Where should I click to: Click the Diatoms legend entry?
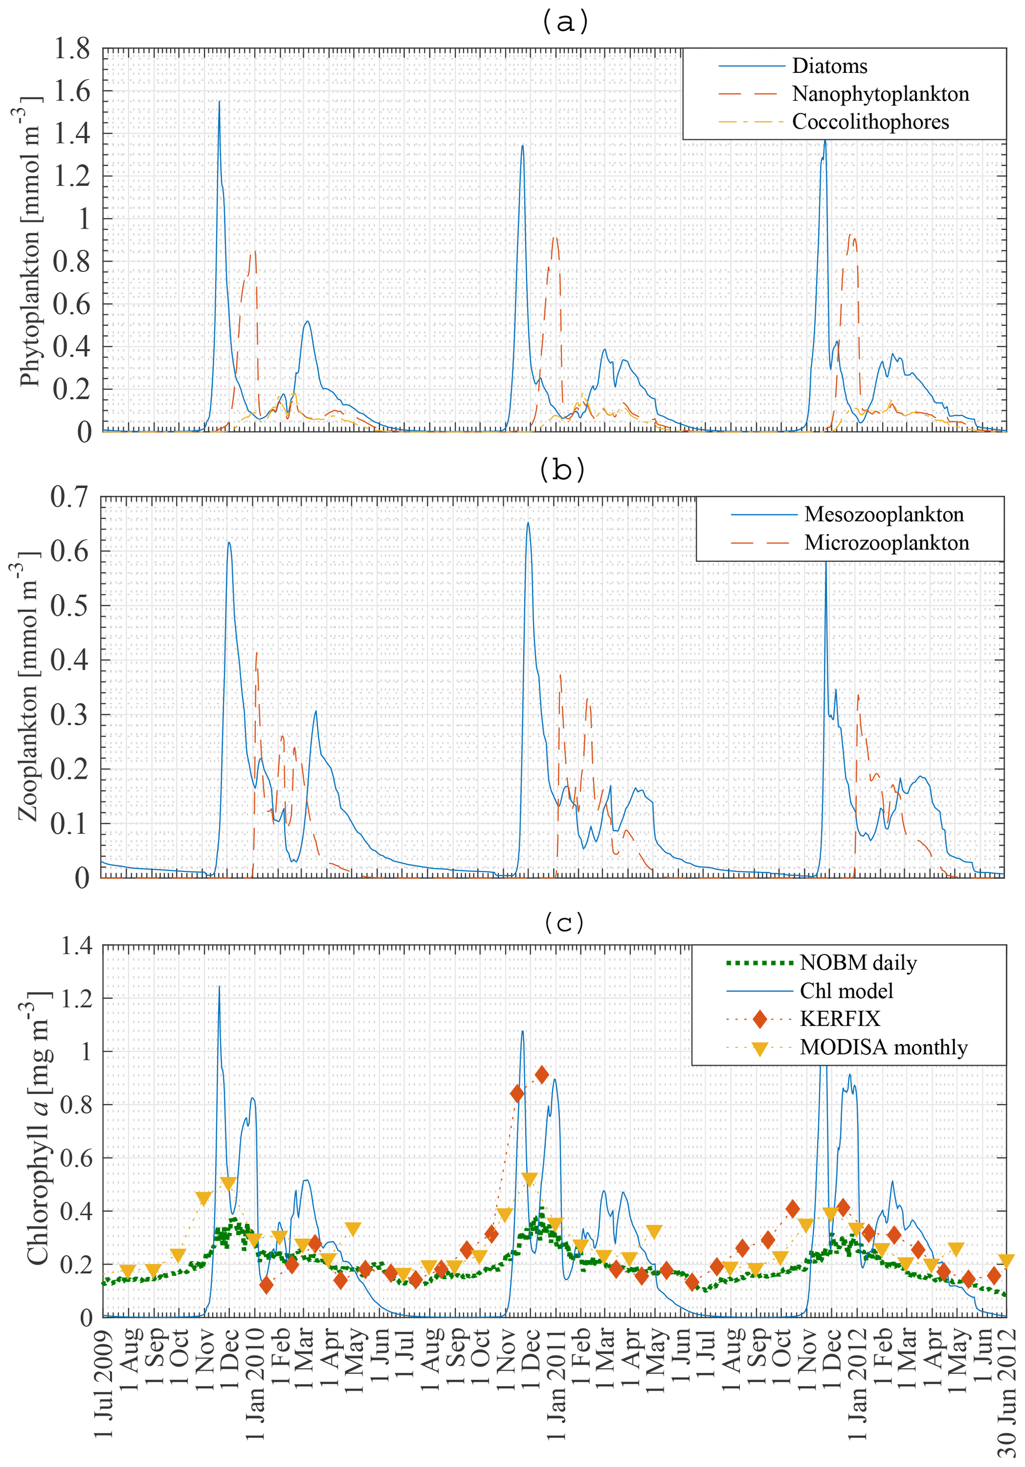point(829,66)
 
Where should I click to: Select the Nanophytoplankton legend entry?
point(880,94)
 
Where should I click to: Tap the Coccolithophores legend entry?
point(870,122)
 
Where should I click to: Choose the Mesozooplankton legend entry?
point(883,514)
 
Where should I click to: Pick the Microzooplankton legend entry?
point(886,543)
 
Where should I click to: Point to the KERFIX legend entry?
point(839,1019)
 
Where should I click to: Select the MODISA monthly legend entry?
point(883,1047)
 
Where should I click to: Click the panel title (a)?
point(564,23)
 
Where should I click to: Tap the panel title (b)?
point(562,470)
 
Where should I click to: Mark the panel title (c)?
point(564,922)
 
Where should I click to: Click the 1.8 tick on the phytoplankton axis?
point(71,49)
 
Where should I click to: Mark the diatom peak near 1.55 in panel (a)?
point(219,102)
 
